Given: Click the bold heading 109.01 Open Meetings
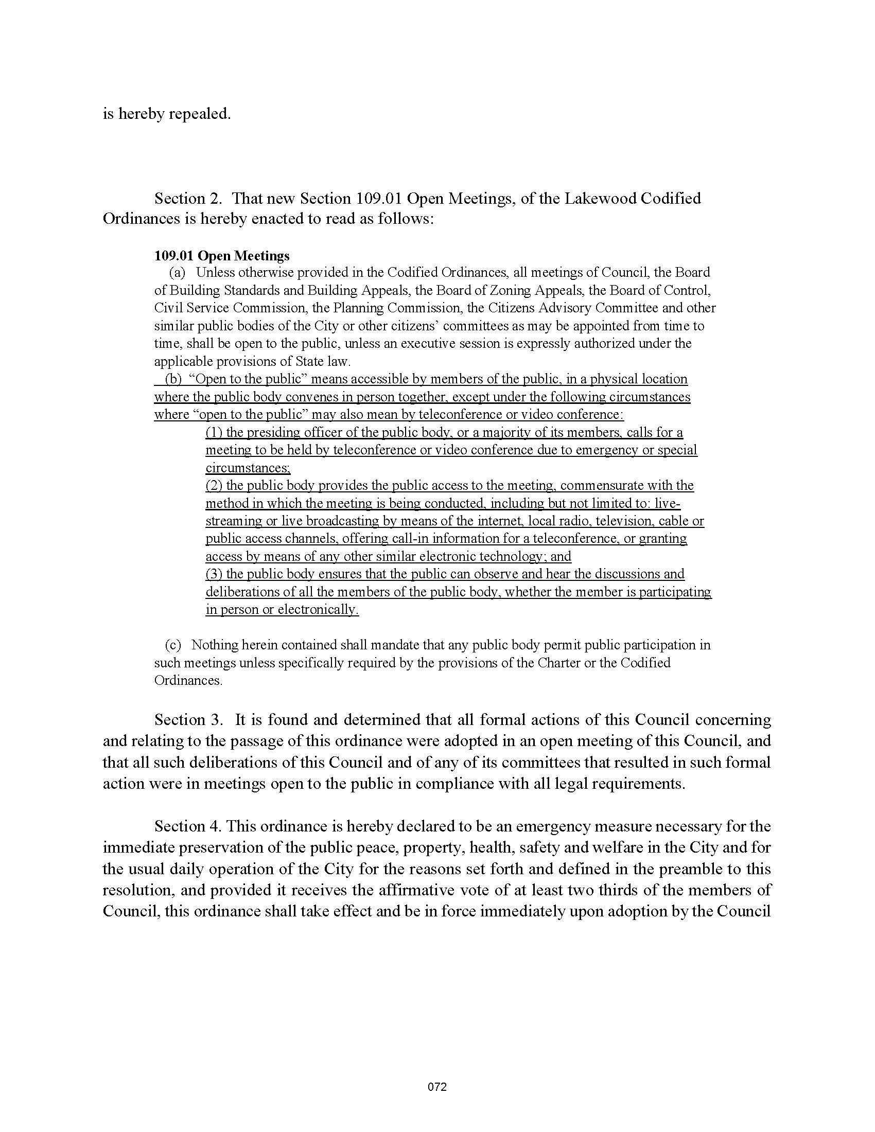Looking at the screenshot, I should coord(222,256).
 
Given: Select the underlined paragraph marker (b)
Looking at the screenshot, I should coord(173,379).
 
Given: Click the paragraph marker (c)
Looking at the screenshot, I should coord(173,645).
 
